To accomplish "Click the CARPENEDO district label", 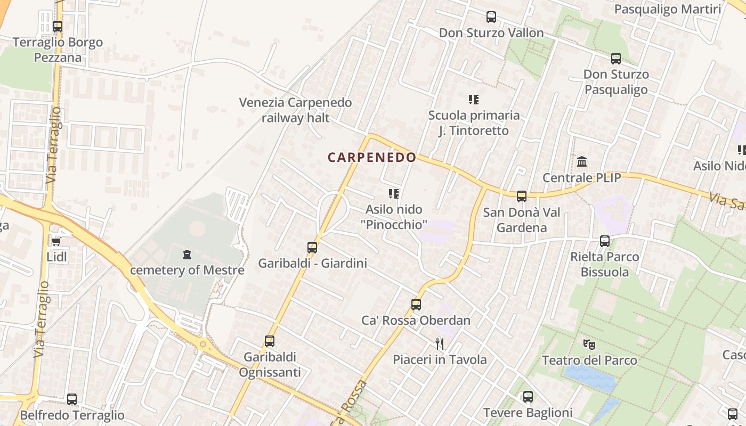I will tap(371, 158).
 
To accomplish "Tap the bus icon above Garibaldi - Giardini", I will tap(312, 248).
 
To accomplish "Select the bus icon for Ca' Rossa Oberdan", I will tap(416, 305).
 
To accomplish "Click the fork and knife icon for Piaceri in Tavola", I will tap(440, 343).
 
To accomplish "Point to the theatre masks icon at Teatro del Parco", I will tap(589, 345).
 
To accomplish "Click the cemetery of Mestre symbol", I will tap(187, 255).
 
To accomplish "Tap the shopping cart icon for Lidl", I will tap(56, 242).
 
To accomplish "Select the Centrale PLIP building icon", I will tap(582, 161).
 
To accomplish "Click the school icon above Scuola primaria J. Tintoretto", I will tap(474, 100).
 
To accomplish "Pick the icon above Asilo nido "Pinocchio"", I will tap(394, 194).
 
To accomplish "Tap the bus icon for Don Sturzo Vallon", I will tap(491, 17).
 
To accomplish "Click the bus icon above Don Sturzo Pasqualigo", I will tap(616, 59).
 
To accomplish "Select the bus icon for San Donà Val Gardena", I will tap(522, 196).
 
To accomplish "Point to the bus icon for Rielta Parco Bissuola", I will tap(605, 241).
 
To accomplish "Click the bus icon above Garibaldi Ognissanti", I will tap(270, 341).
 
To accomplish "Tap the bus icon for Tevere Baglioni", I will tap(528, 397).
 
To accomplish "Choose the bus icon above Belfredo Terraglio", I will tap(72, 399).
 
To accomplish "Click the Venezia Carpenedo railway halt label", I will tap(295, 110).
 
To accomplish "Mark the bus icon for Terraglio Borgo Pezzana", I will tap(58, 27).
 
